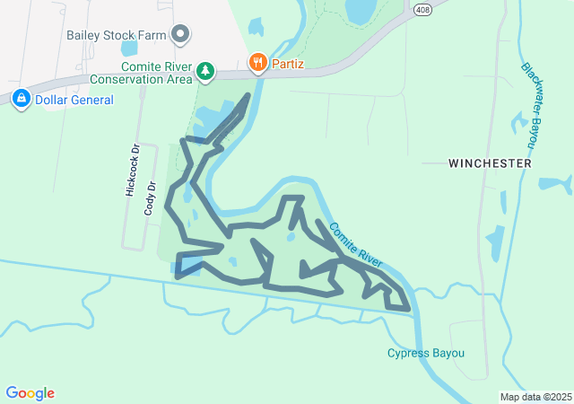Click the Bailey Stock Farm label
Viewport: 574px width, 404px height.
point(117,36)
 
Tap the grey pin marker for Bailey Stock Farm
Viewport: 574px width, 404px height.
point(180,34)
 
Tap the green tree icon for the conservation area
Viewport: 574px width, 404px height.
point(206,69)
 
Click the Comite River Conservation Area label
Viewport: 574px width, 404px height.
point(158,73)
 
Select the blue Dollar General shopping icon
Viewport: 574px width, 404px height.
point(21,98)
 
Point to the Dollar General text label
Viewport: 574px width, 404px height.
point(74,100)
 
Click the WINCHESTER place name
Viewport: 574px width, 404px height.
point(490,164)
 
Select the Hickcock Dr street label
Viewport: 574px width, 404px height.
point(131,170)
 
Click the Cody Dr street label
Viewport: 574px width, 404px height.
point(150,198)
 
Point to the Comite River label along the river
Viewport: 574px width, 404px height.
point(356,244)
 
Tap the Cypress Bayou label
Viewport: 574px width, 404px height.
point(426,353)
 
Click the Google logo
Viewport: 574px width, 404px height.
point(30,393)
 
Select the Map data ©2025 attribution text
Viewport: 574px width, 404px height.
point(535,397)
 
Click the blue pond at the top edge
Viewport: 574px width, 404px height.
point(361,10)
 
